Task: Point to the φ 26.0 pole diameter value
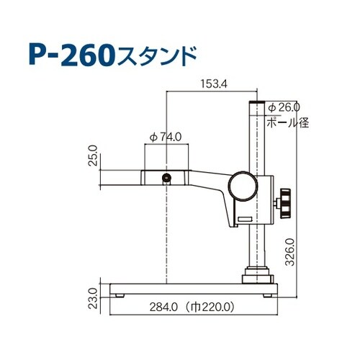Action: point(284,107)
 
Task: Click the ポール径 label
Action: point(287,122)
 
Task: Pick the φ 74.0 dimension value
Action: point(166,135)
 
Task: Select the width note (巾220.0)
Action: point(210,306)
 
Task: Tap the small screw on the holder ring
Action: point(167,177)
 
